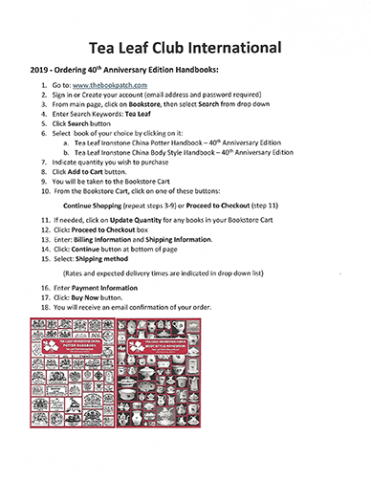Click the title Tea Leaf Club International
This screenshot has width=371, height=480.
click(185, 47)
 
